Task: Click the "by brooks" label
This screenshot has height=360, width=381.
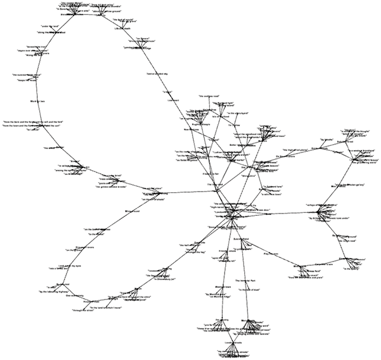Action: [326, 140]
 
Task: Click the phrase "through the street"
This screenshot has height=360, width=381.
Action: [84, 310]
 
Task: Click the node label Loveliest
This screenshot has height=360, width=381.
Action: [174, 101]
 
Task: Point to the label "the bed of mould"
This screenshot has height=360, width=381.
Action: [125, 19]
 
